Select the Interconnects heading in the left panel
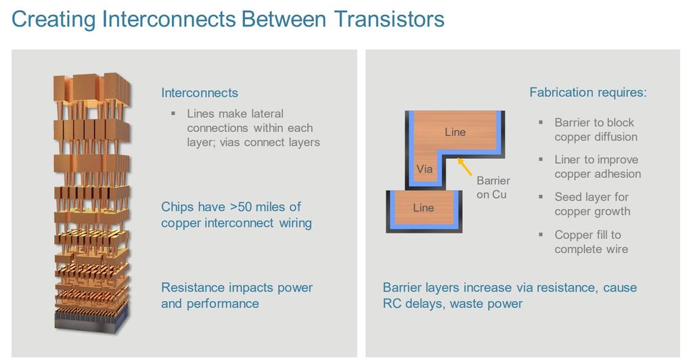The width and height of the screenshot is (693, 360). tap(200, 93)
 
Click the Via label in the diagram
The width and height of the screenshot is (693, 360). tap(424, 169)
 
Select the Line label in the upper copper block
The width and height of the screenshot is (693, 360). tap(455, 132)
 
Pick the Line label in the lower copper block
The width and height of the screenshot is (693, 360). tap(423, 208)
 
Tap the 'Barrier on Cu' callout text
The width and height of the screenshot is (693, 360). tap(493, 187)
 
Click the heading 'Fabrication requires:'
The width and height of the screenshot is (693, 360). tap(587, 93)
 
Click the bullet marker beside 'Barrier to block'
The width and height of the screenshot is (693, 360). tap(541, 122)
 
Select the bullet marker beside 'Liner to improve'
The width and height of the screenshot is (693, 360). tap(541, 160)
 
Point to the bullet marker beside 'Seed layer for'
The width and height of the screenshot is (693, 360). tap(541, 197)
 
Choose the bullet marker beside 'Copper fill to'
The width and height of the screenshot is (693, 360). tap(541, 235)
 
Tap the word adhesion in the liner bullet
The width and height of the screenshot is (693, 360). tap(617, 174)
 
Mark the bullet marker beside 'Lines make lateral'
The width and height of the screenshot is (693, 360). tap(173, 113)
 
